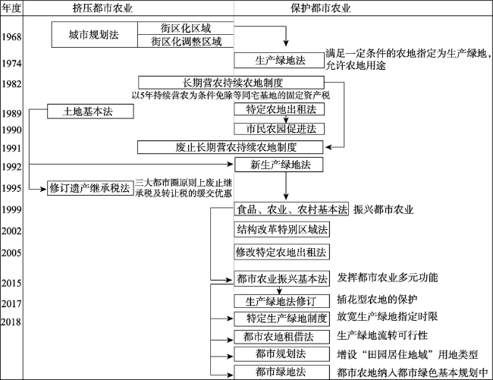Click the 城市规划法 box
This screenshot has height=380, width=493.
point(94,34)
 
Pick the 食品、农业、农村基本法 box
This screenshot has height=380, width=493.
point(291,209)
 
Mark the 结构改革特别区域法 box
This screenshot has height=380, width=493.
point(281,228)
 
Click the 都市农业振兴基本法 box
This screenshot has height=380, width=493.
point(281,278)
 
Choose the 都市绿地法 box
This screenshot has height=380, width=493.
point(281,372)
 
